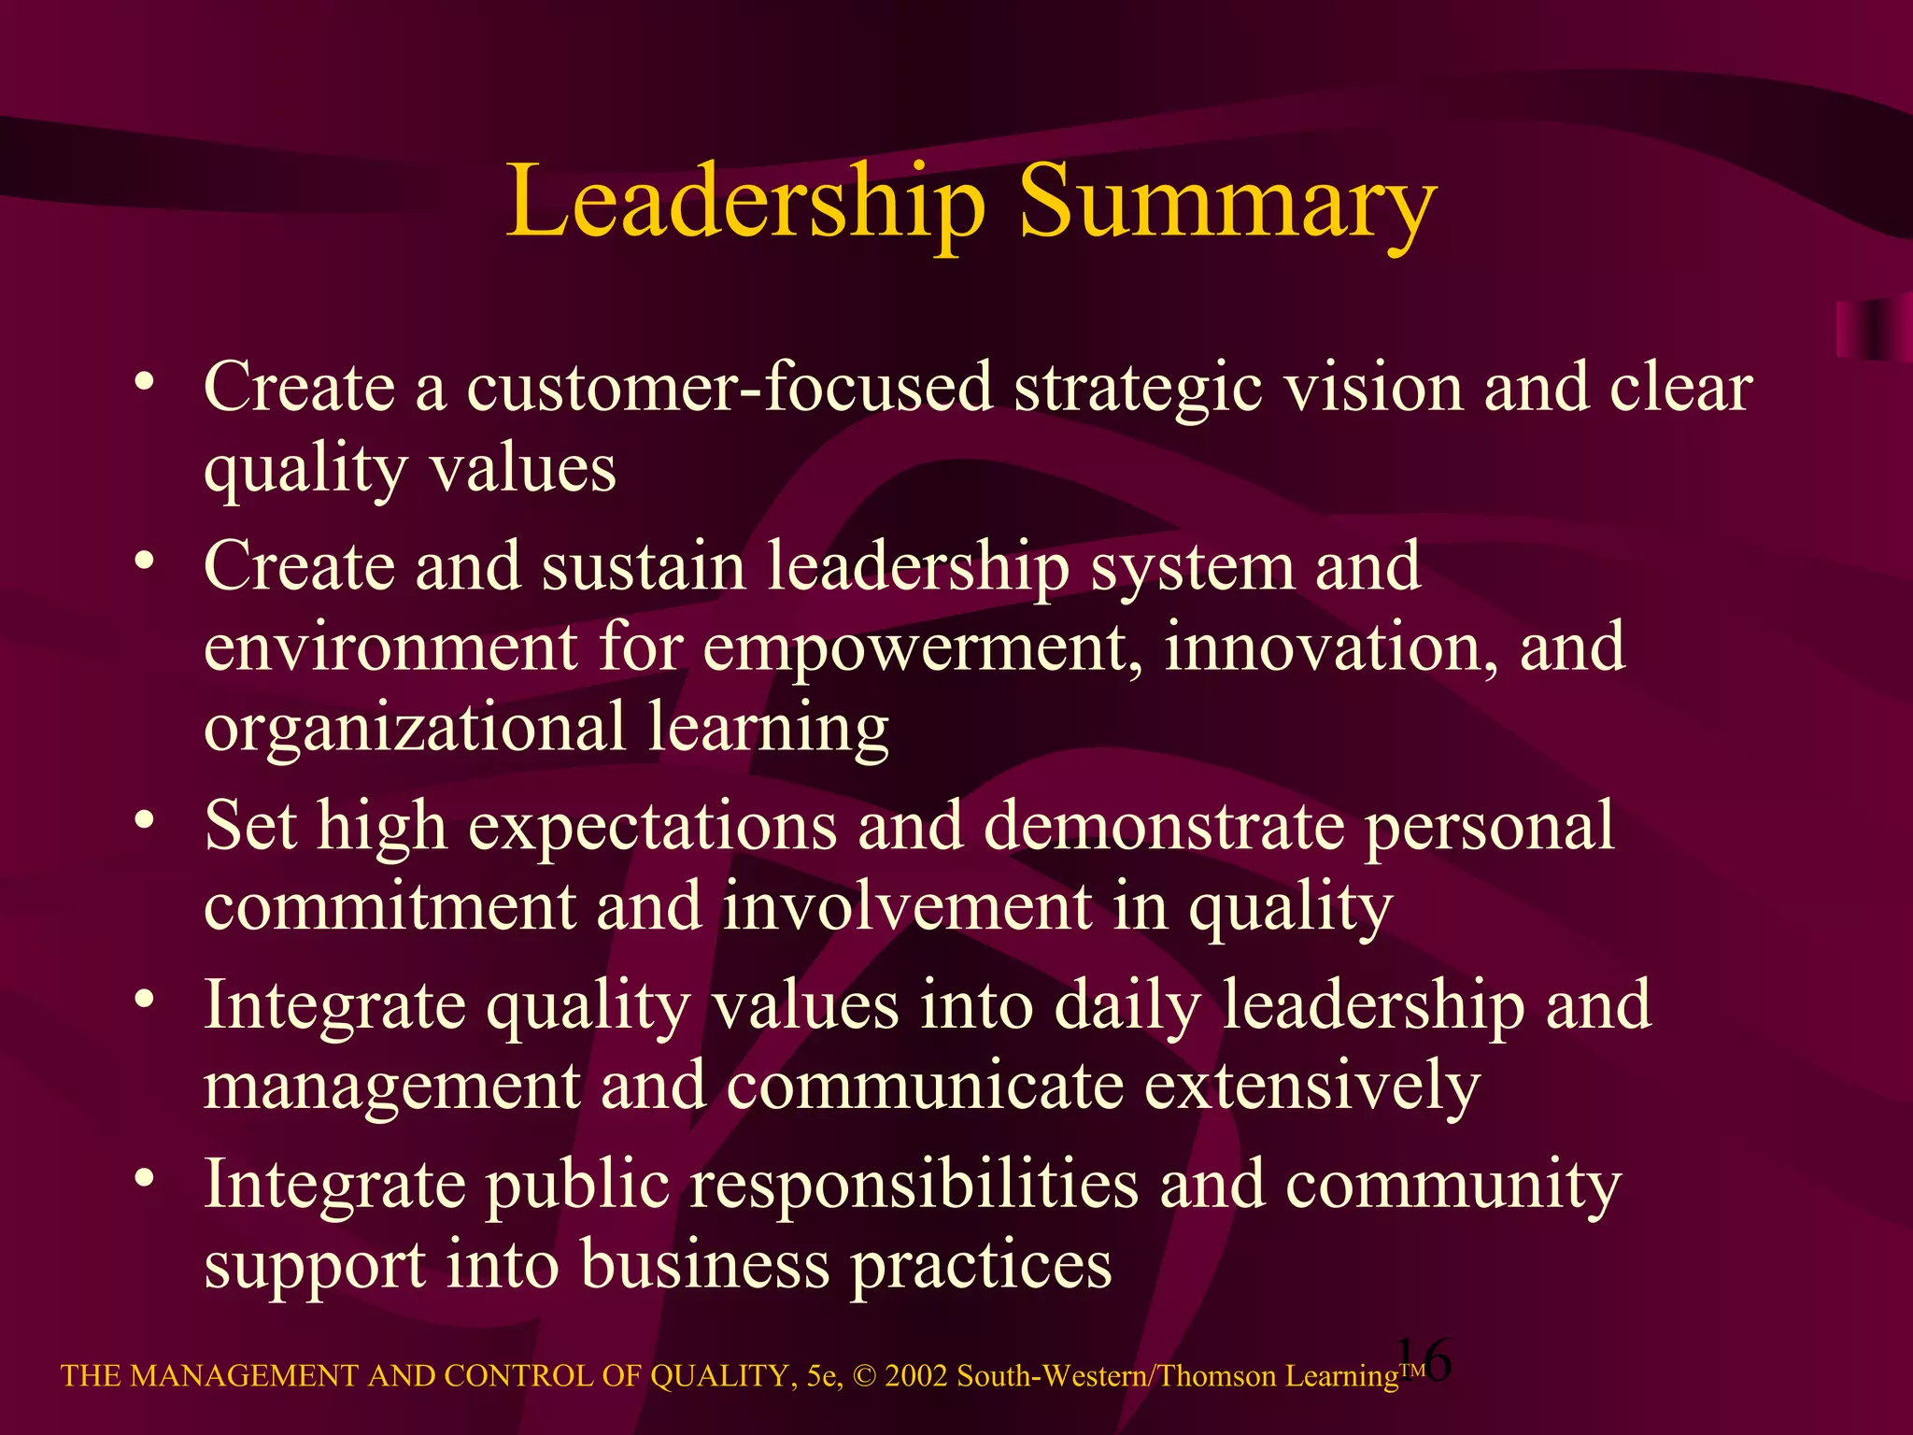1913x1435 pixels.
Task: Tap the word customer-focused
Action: pyautogui.click(x=729, y=387)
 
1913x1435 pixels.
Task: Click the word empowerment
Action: pyautogui.click(x=921, y=648)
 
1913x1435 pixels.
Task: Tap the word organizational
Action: pyautogui.click(x=414, y=729)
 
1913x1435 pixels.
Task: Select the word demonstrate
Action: pyautogui.click(x=1163, y=826)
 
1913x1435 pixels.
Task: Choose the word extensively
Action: pyautogui.click(x=1311, y=1087)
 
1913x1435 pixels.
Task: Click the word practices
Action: pyautogui.click(x=980, y=1267)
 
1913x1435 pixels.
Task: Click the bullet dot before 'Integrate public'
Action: pyautogui.click(x=143, y=1179)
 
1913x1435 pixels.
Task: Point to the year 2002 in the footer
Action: pyautogui.click(x=916, y=1376)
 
